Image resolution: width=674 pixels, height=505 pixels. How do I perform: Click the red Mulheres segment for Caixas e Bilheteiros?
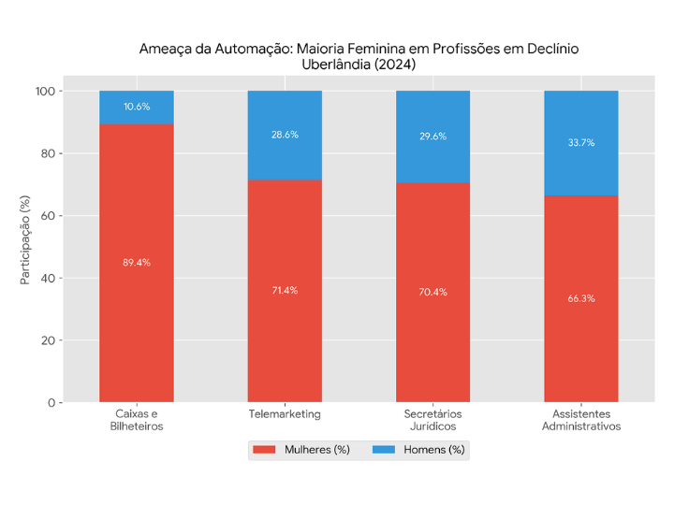tap(137, 309)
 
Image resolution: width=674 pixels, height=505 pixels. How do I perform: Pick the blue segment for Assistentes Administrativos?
tap(581, 168)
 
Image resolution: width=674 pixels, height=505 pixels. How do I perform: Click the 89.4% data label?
tap(137, 263)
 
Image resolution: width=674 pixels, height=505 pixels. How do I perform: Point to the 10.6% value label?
tap(137, 107)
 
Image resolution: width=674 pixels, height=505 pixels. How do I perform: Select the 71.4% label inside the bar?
tap(285, 290)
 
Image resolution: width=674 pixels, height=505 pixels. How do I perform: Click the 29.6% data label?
tap(432, 137)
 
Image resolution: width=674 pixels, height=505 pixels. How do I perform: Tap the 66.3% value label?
tap(581, 298)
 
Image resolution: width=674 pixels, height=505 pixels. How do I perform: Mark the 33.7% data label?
tap(581, 143)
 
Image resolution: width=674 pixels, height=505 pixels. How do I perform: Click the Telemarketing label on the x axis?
tap(285, 413)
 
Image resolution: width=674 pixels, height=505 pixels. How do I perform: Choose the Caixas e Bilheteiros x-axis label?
tap(137, 420)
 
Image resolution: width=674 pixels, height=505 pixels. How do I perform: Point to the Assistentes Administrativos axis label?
tap(581, 420)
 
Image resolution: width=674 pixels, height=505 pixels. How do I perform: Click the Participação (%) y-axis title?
tap(25, 247)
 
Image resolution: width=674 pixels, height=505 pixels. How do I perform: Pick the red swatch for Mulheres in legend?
tap(265, 450)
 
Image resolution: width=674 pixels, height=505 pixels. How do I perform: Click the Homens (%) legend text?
tap(433, 450)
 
